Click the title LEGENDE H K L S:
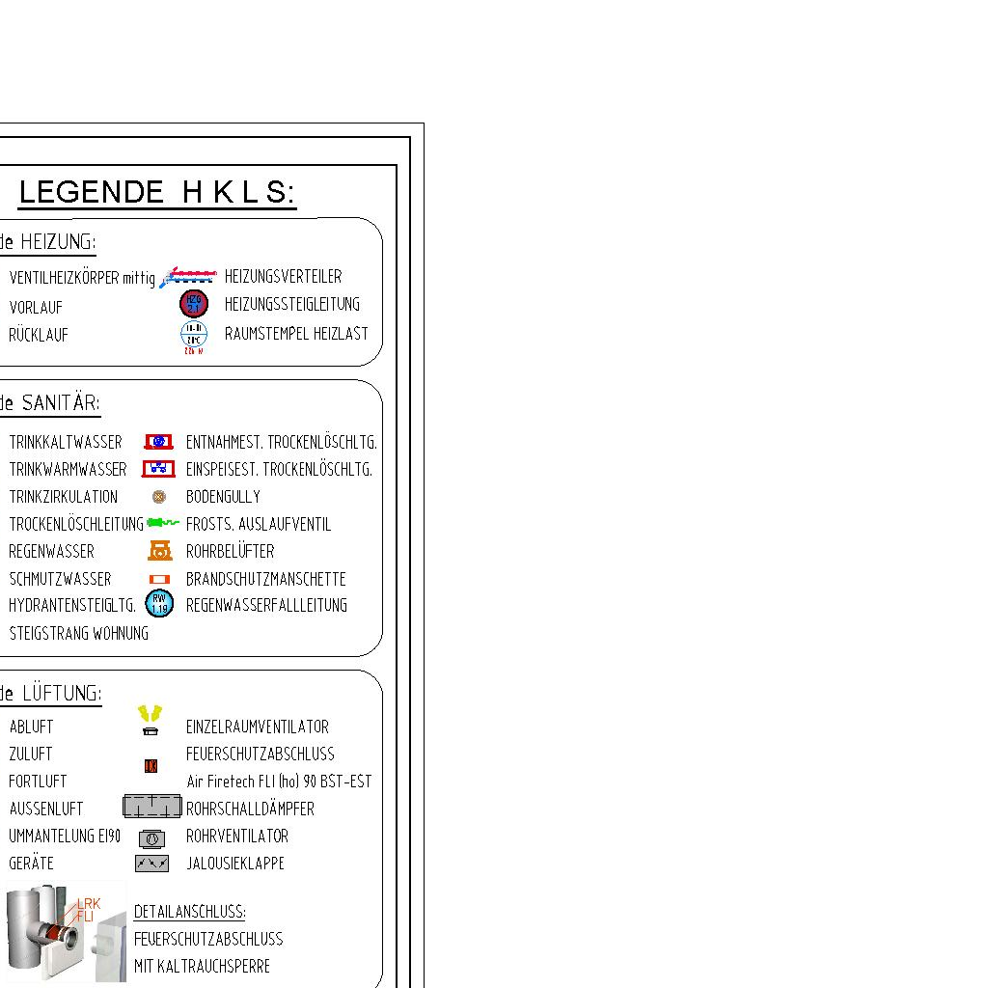157,192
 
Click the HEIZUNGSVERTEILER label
283,277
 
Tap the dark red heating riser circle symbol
194,304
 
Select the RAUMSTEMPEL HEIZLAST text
296,334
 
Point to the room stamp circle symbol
194,334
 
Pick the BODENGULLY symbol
159,497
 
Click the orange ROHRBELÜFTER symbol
159,551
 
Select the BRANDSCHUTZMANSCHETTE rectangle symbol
159,579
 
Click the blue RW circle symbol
159,604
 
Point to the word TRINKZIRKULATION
64,497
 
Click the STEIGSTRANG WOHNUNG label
79,634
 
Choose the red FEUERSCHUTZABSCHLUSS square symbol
151,766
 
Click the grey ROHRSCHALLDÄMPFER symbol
152,807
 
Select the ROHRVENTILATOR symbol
151,838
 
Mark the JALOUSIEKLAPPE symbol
151,864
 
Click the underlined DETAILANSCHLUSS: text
189,912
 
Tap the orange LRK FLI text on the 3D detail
88,909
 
